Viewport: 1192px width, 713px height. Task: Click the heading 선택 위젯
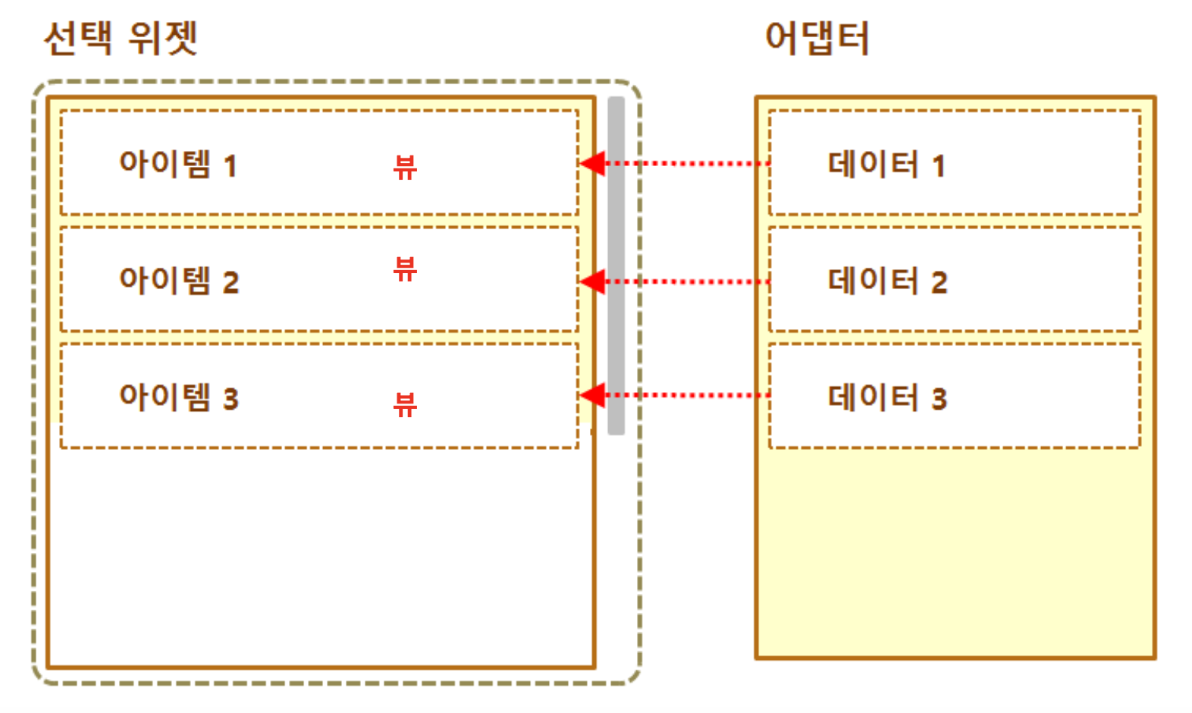coord(121,38)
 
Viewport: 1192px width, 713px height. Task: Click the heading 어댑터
coord(817,38)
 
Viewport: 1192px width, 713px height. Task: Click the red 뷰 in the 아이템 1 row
coord(405,167)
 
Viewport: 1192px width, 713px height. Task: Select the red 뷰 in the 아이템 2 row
coord(405,269)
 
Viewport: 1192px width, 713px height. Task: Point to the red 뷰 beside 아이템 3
coord(405,404)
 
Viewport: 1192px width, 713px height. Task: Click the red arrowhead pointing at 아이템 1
coord(593,163)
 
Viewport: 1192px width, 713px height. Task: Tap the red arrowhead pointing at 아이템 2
coord(593,281)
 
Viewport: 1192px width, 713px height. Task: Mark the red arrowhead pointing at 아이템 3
coord(593,395)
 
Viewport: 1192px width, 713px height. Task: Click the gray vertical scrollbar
coord(616,265)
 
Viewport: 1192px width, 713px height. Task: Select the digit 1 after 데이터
coord(939,166)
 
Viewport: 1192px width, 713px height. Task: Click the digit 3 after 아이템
coord(231,399)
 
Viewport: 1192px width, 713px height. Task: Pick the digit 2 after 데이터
coord(939,283)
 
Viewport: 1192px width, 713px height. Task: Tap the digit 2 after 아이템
coord(231,283)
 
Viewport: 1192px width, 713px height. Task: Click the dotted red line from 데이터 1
coord(698,163)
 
